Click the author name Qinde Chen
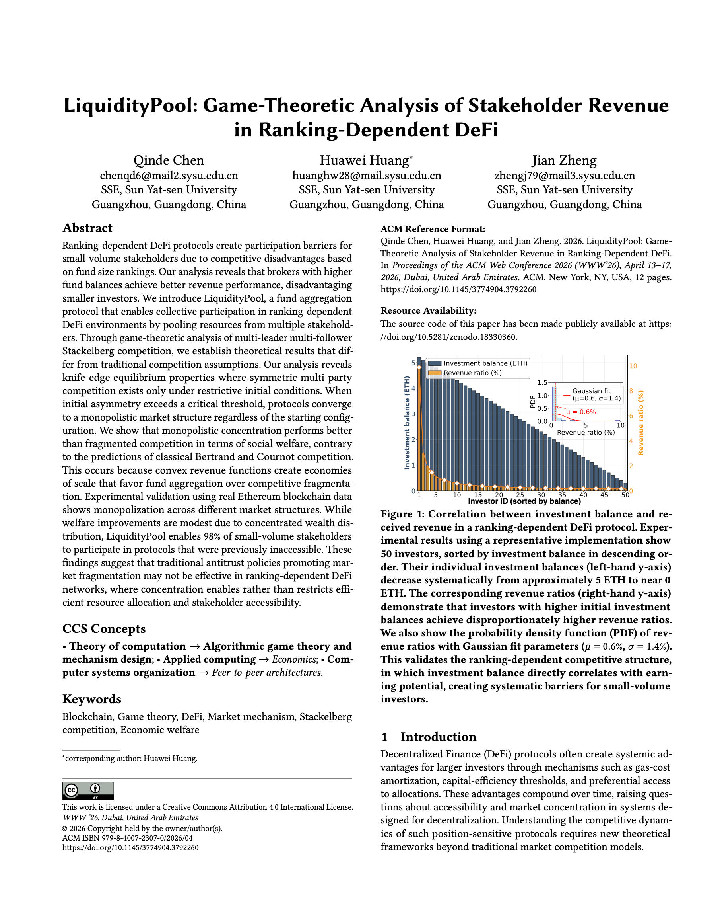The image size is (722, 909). tap(169, 160)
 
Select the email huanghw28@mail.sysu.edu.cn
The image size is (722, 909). tap(367, 176)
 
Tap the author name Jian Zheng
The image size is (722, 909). tap(564, 160)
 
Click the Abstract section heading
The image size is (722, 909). tap(87, 228)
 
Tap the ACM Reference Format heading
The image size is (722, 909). tap(433, 229)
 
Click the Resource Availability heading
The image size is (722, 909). tap(428, 310)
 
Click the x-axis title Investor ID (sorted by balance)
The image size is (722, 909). tap(524, 501)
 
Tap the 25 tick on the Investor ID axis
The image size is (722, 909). tap(520, 495)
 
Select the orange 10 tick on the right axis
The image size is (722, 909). tap(633, 366)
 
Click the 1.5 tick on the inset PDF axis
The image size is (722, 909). tap(542, 383)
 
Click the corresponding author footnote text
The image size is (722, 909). tap(130, 759)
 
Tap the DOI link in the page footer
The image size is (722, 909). tap(130, 847)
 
